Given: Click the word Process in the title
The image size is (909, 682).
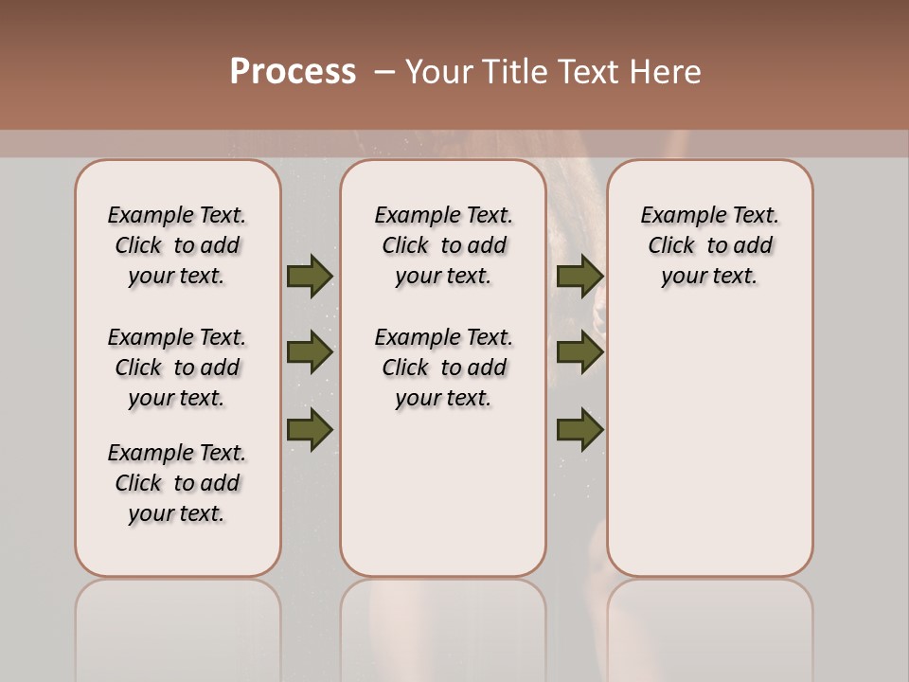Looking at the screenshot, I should [x=293, y=71].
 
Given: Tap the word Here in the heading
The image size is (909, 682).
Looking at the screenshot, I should [x=667, y=72].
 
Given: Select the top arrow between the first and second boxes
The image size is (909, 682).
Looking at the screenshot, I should [x=310, y=277].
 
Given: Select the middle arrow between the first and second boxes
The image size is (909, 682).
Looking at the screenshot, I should [x=310, y=352].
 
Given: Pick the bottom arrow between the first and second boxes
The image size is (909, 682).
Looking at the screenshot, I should [x=310, y=429].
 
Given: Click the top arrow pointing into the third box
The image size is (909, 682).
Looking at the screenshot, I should [x=579, y=277].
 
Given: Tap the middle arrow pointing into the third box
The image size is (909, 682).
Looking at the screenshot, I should [x=579, y=352].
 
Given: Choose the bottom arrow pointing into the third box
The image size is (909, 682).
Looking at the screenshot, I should [x=579, y=429].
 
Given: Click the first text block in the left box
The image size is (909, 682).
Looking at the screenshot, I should [x=177, y=245].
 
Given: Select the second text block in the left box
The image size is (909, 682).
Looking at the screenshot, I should [x=177, y=368].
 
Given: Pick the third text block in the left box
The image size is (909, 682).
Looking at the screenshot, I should [x=177, y=483].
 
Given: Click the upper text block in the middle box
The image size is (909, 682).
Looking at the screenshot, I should [x=443, y=245].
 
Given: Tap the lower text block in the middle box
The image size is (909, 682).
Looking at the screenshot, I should [x=443, y=368].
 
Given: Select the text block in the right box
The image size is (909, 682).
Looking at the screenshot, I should [x=710, y=245].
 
